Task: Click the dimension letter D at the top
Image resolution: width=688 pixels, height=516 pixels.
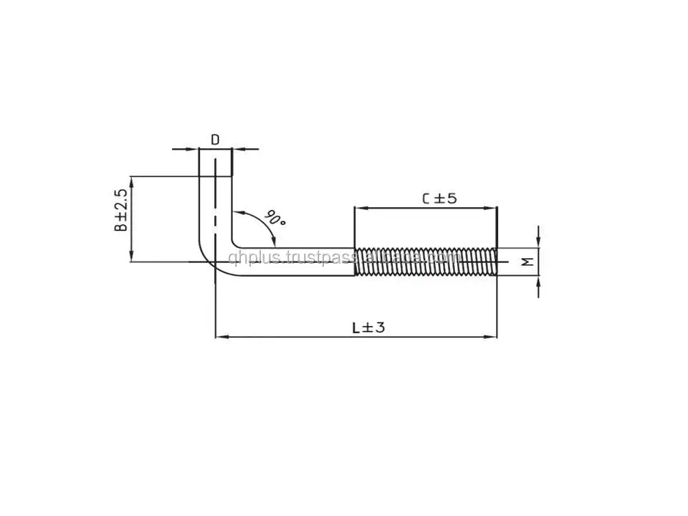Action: tap(215, 139)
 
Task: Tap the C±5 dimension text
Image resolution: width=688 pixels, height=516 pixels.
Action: tap(439, 198)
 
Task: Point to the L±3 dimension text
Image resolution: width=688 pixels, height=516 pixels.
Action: tap(368, 328)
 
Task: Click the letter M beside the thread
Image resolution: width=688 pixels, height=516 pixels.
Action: tap(527, 262)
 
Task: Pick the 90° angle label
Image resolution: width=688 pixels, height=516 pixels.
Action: tap(274, 218)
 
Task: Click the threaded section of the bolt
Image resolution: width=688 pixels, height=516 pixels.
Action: tap(426, 262)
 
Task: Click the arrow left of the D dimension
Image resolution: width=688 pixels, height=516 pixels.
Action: tap(193, 149)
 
